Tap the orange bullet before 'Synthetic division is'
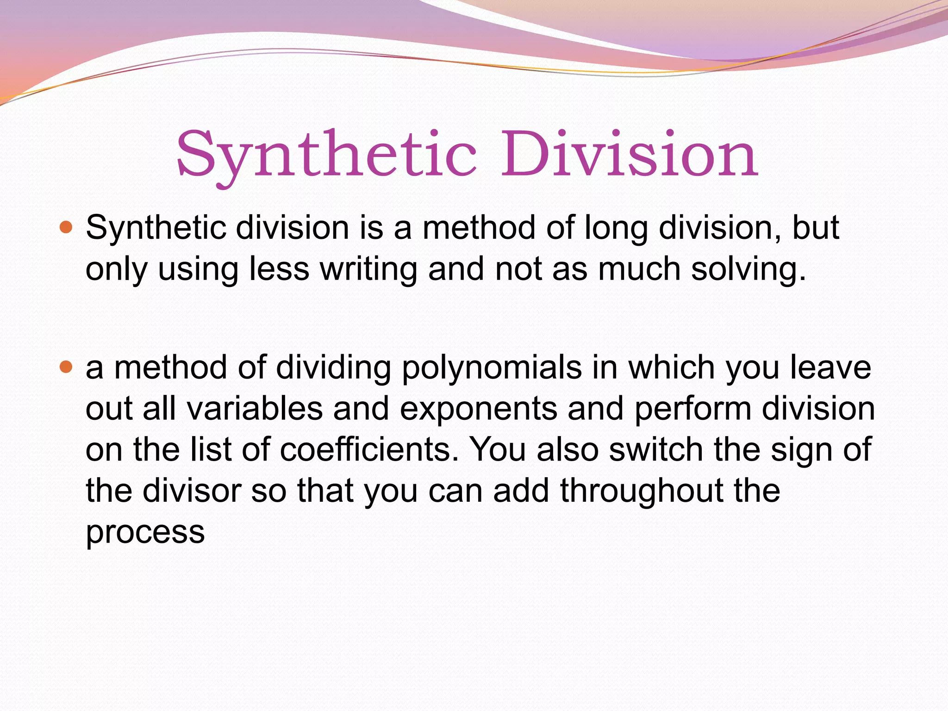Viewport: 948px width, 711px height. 67,227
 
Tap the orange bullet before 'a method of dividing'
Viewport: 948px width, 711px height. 67,367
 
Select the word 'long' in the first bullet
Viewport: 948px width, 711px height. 616,229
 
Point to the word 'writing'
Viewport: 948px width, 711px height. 368,269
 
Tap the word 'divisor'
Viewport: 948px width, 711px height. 192,491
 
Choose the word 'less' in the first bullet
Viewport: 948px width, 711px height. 279,269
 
